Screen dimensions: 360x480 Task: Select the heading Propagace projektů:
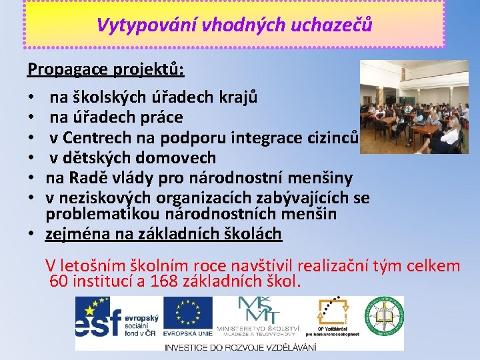click(x=106, y=69)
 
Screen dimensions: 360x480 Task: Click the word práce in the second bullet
click(x=160, y=117)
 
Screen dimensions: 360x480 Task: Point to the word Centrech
click(x=98, y=138)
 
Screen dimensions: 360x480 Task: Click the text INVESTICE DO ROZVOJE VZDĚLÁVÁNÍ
click(x=240, y=347)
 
